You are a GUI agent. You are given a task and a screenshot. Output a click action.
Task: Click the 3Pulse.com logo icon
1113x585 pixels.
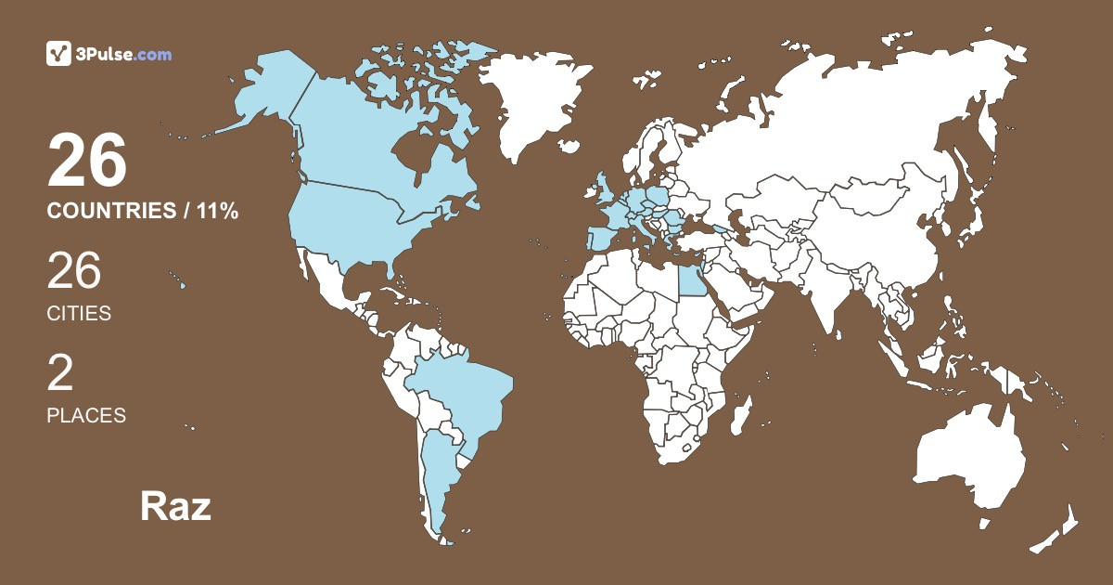pos(58,54)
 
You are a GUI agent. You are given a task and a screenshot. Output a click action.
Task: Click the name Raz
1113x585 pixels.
pos(175,506)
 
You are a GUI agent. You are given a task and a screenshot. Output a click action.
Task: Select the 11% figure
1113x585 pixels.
pos(218,211)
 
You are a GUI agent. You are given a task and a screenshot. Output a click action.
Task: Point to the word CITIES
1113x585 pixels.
pos(79,314)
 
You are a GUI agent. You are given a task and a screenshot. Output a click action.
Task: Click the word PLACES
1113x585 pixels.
pos(86,416)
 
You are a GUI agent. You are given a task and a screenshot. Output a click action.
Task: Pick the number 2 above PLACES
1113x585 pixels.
pos(60,372)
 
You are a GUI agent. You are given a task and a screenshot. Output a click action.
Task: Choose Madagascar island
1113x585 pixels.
pos(740,414)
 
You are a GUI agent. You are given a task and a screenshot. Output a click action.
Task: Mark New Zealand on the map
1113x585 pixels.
pos(1057,529)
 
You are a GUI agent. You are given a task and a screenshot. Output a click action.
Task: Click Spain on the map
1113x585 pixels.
pos(603,237)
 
